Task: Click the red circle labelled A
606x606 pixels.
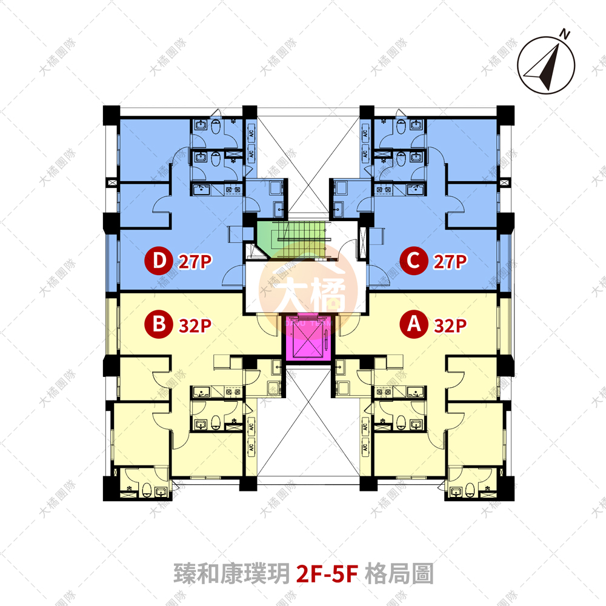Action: tap(414, 325)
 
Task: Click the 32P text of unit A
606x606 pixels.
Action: tap(450, 326)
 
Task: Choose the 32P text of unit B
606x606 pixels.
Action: tap(195, 326)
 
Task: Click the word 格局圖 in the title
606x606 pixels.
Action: tap(400, 573)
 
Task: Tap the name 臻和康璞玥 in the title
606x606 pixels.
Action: tap(230, 573)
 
